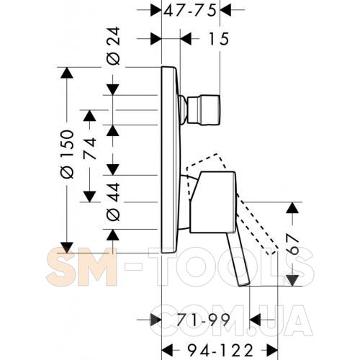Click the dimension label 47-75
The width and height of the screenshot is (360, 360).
(190, 11)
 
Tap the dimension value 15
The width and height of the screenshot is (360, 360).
(218, 39)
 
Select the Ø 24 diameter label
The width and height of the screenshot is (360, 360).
(114, 46)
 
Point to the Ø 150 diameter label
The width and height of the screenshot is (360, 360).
(67, 154)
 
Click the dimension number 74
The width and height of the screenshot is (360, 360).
(90, 149)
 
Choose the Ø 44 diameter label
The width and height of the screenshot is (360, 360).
(113, 202)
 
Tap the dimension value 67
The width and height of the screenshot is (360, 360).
(293, 245)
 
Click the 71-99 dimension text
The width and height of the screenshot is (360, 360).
(203, 320)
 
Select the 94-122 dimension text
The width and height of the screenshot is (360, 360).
(220, 350)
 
